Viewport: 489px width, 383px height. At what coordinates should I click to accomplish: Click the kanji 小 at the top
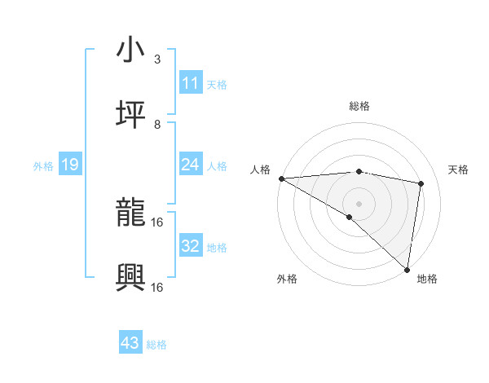[x=131, y=50]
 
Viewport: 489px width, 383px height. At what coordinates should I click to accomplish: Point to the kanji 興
[x=131, y=278]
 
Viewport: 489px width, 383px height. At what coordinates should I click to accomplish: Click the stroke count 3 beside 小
[x=157, y=59]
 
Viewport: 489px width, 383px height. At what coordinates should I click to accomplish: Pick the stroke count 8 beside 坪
[x=157, y=125]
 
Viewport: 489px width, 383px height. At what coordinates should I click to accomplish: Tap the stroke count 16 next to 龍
[x=158, y=222]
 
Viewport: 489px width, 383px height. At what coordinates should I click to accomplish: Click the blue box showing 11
[x=190, y=83]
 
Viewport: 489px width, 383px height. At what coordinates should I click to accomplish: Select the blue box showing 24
[x=190, y=165]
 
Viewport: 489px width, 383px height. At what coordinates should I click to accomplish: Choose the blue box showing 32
[x=190, y=246]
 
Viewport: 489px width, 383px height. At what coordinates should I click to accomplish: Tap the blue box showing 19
[x=69, y=165]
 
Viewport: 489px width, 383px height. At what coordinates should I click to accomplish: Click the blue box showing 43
[x=130, y=343]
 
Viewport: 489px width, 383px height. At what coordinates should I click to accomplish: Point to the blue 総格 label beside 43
[x=156, y=345]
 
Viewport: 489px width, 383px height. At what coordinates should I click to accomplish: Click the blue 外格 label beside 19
[x=43, y=166]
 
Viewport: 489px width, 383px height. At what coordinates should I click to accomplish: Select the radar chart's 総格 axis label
[x=359, y=106]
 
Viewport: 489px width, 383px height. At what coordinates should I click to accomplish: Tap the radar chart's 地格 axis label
[x=427, y=279]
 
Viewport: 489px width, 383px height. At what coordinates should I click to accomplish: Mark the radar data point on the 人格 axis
[x=281, y=178]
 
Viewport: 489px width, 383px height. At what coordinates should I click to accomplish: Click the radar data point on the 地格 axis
[x=407, y=269]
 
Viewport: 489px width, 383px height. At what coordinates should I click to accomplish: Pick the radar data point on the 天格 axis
[x=421, y=183]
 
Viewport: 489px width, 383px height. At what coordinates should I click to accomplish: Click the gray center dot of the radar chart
[x=359, y=203]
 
